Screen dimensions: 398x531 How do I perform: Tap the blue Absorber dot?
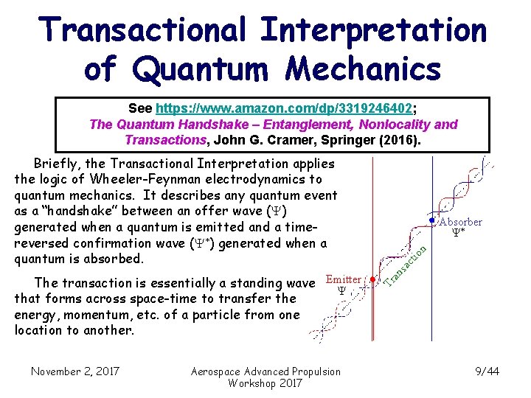coord(432,220)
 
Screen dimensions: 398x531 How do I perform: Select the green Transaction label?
coord(403,265)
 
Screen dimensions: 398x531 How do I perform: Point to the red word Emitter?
coord(343,279)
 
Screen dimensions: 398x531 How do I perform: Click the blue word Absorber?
coord(461,222)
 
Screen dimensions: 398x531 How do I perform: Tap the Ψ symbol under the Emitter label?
coord(341,291)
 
